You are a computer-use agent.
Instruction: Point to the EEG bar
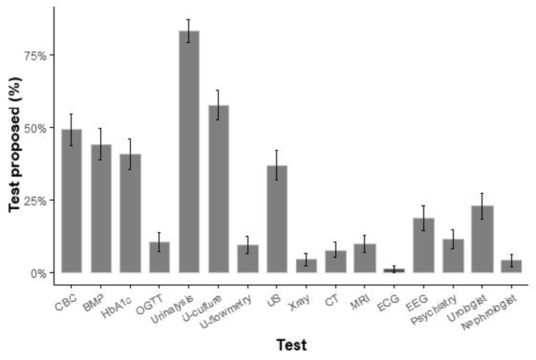[423, 245]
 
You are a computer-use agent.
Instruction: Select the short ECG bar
[394, 270]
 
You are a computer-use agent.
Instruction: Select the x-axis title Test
[291, 345]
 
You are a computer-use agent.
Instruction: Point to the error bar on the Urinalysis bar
[188, 31]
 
